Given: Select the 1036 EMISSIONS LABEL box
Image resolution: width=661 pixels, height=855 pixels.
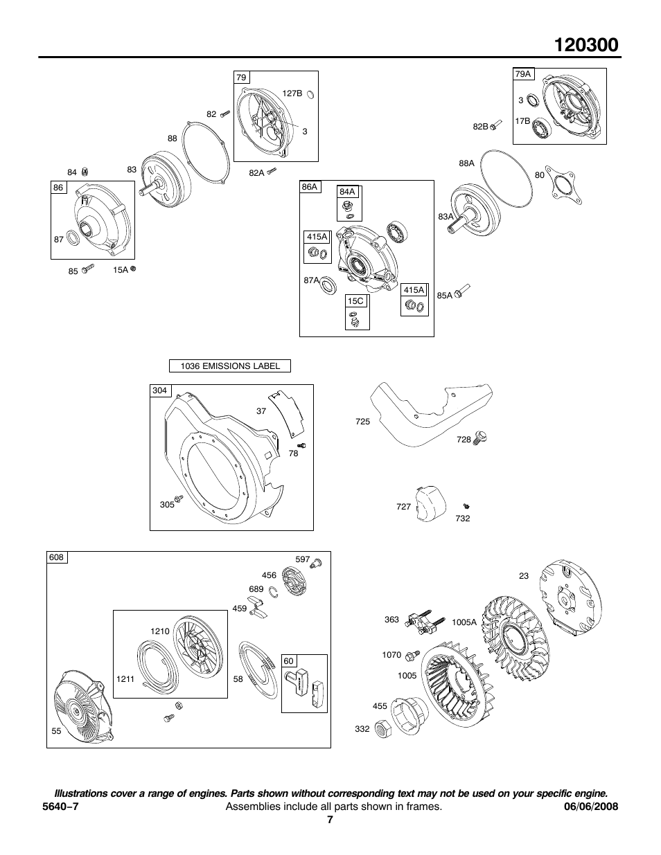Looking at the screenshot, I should pos(230,366).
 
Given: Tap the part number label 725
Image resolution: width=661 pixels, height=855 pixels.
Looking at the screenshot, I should pos(362,421).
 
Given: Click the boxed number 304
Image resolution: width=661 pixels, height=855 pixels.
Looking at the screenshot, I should pos(160,391).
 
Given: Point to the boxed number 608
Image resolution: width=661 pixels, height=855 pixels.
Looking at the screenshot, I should pos(57,558).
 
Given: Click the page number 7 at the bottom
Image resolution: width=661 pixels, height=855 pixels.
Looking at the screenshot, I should pos(330,820).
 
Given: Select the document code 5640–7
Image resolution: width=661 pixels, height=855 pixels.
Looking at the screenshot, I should pos(64,807).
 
